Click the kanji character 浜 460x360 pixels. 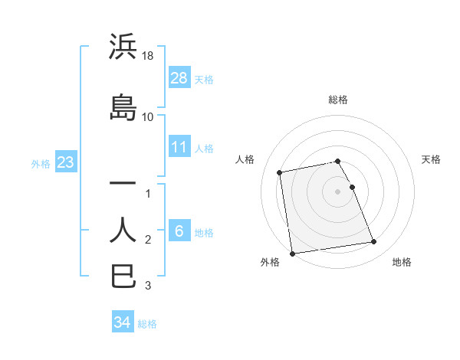click(123, 47)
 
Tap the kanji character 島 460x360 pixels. click(123, 106)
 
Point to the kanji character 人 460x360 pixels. click(123, 230)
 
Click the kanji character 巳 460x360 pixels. click(123, 276)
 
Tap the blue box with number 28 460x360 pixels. click(179, 78)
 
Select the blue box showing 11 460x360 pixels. click(179, 147)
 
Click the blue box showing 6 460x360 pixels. click(179, 231)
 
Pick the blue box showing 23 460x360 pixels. click(65, 162)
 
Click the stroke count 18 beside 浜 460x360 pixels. click(149, 56)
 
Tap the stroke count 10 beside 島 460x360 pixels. click(148, 116)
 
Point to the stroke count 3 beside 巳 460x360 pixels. click(148, 286)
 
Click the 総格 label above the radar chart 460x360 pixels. click(338, 100)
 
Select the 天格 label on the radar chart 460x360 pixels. click(431, 159)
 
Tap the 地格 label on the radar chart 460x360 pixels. click(402, 262)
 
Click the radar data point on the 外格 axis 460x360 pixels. click(292, 253)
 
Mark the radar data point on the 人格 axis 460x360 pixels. click(280, 172)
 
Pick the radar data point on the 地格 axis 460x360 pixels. click(373, 242)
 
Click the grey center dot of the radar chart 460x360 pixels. click(338, 191)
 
